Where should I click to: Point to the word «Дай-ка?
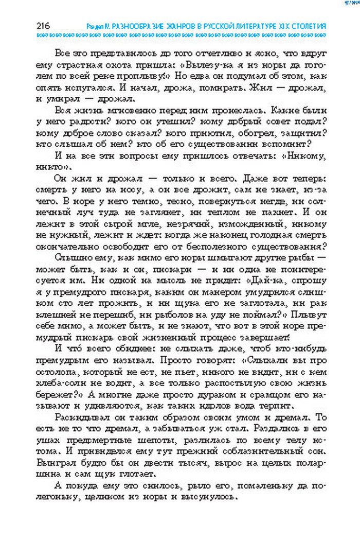(263, 281)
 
